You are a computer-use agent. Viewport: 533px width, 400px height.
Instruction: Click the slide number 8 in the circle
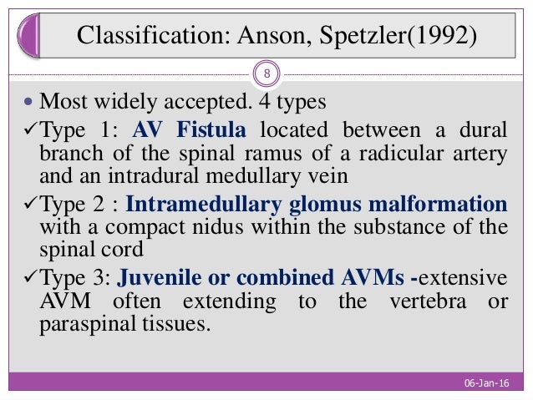(x=266, y=75)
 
